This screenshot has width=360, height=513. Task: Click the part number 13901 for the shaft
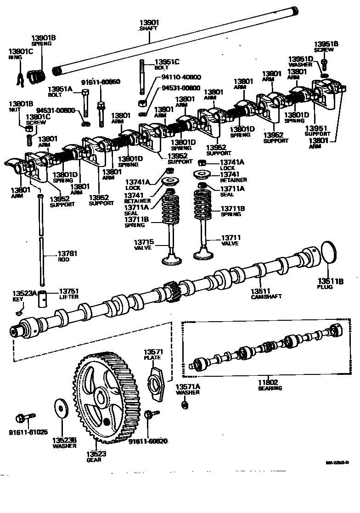148,22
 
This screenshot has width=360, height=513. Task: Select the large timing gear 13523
98,397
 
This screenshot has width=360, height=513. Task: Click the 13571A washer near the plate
184,405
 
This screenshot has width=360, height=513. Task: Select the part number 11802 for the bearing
270,382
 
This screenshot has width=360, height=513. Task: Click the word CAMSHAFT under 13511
266,297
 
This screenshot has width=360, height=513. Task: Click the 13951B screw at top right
324,62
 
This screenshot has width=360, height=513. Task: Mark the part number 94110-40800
181,77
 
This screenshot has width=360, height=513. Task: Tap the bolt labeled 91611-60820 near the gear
149,414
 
